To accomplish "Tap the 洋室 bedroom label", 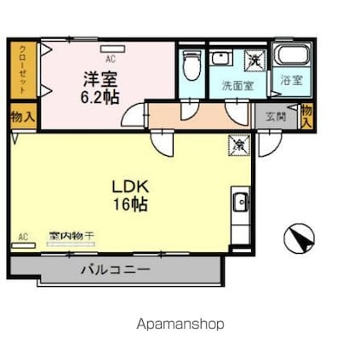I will pyautogui.click(x=100, y=78).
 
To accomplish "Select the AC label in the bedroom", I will pyautogui.click(x=110, y=59).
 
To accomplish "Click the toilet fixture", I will pyautogui.click(x=191, y=64).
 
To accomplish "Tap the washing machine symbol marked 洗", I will pyautogui.click(x=254, y=60).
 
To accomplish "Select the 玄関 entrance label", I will pyautogui.click(x=275, y=117).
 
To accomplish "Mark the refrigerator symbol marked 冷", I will pyautogui.click(x=239, y=145).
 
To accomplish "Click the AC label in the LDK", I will pyautogui.click(x=23, y=236).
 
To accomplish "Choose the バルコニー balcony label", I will pyautogui.click(x=116, y=269).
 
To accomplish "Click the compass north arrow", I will pyautogui.click(x=299, y=237).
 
